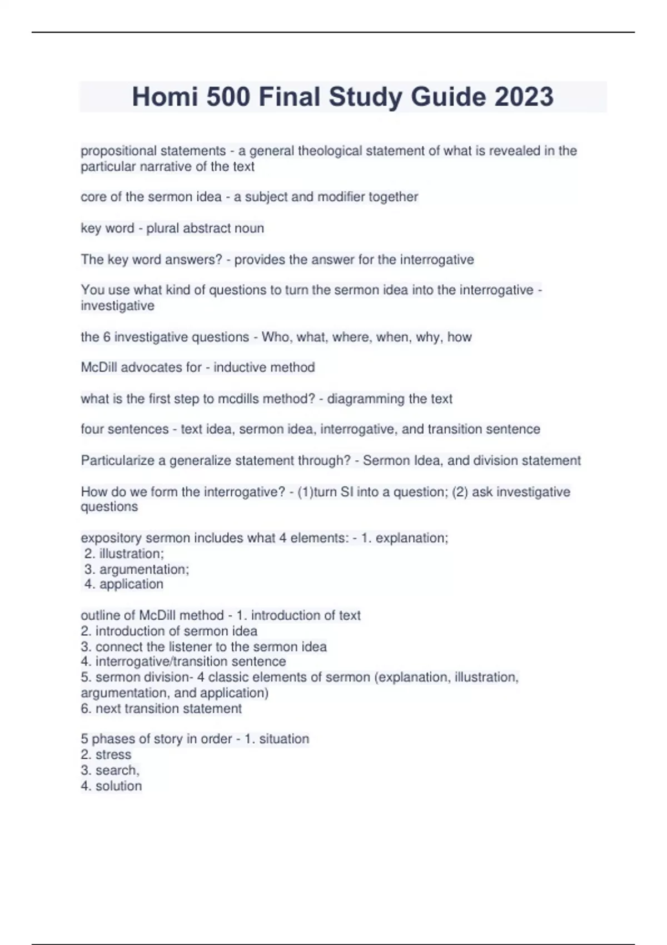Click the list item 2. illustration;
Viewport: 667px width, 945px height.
point(125,554)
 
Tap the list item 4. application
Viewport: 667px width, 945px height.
point(124,584)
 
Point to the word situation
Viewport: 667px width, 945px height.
point(283,739)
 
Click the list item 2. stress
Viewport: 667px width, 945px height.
point(106,754)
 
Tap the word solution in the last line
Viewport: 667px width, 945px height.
point(118,786)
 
